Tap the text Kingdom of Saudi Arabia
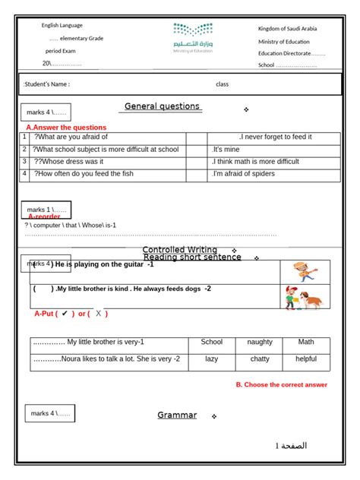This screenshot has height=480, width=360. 287,28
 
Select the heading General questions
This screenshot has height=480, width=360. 162,106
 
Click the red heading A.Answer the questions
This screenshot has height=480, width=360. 66,128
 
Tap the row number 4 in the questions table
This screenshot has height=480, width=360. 25,174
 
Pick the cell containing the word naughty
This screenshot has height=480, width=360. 260,342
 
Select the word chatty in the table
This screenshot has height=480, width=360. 260,358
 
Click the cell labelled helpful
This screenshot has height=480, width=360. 306,358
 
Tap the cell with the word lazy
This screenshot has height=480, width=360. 212,358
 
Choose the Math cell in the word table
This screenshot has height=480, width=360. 306,342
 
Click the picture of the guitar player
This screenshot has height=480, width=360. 304,271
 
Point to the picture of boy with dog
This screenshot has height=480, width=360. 303,297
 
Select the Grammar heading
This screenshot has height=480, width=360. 177,415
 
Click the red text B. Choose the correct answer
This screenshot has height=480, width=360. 281,385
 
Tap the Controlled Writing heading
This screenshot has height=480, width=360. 180,250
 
